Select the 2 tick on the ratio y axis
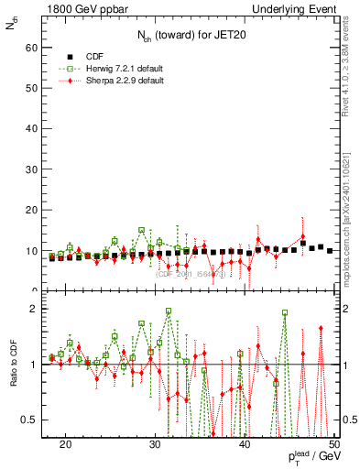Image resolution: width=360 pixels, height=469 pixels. point(38,309)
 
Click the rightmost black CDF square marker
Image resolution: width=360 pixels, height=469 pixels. point(330,249)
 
